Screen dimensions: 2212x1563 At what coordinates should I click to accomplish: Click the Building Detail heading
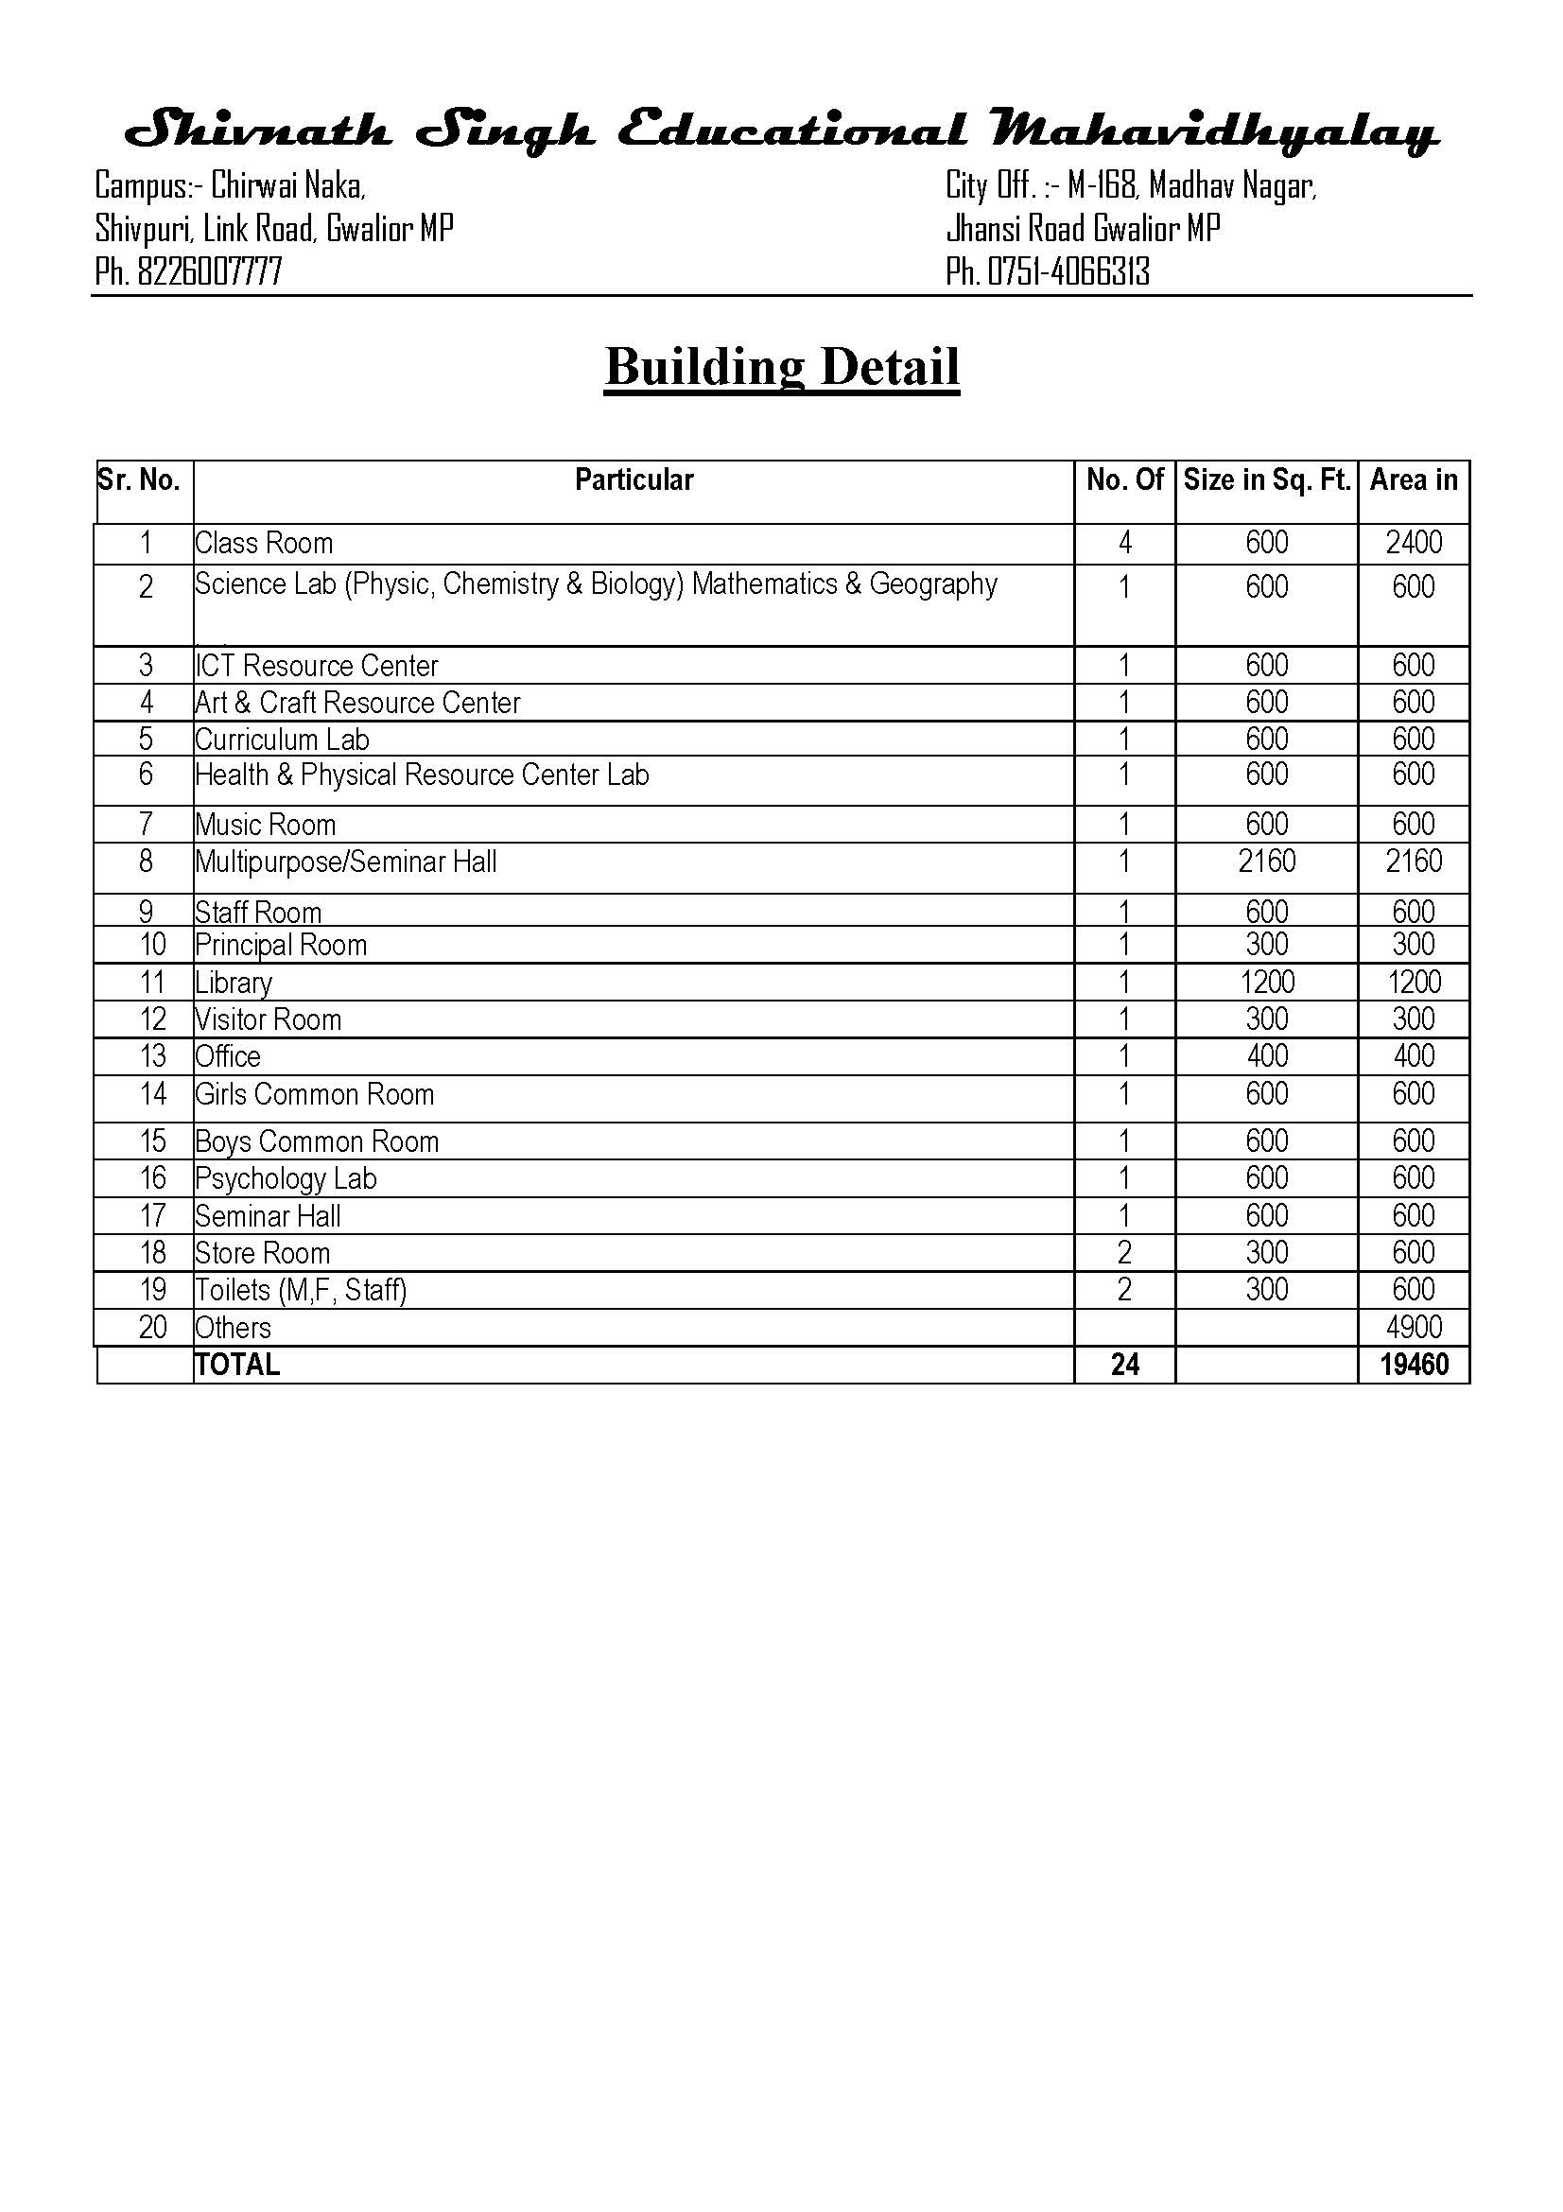pos(781,367)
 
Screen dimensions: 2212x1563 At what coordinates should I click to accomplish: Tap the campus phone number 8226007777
pos(209,272)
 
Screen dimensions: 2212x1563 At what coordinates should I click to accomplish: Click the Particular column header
pos(633,479)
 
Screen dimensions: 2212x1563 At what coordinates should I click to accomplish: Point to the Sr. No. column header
pos(140,479)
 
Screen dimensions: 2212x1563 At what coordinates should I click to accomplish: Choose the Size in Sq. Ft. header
pos(1266,479)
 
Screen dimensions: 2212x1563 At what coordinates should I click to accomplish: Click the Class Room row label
pos(264,544)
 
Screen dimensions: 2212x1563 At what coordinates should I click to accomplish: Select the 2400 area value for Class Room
pos(1413,543)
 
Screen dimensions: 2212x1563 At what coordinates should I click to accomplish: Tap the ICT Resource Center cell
pos(317,666)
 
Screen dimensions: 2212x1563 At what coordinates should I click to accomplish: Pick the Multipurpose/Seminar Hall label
pos(346,862)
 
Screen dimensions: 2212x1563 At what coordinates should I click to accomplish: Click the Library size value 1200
pos(1266,983)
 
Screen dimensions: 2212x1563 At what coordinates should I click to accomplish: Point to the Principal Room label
pos(281,945)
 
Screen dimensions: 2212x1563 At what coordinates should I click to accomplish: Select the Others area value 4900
pos(1413,1328)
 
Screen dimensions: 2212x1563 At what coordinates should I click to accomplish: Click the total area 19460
pos(1413,1365)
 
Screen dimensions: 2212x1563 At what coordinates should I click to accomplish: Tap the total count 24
pos(1124,1365)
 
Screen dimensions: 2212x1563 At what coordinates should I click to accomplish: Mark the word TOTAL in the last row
pos(237,1366)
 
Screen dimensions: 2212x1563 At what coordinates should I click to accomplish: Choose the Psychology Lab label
pos(286,1179)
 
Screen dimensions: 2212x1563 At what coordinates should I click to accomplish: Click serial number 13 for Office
pos(152,1057)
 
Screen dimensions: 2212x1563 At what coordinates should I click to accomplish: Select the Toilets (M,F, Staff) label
pos(301,1290)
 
